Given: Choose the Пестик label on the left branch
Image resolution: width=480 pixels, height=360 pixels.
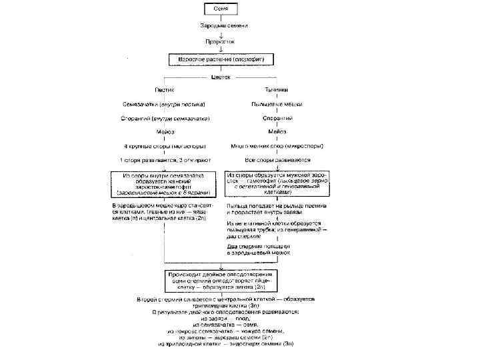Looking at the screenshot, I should [x=165, y=90].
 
